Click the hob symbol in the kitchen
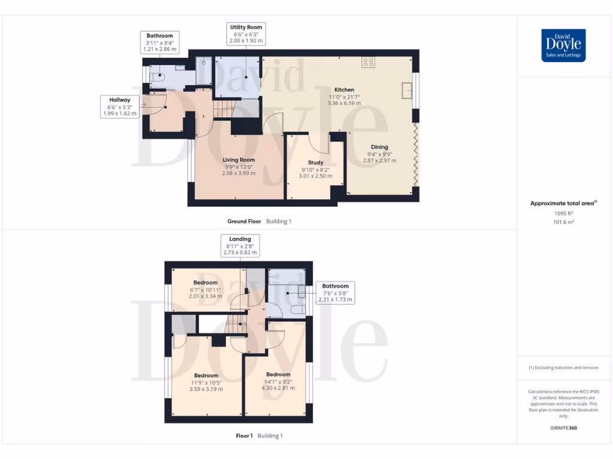368,62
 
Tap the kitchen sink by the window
407,90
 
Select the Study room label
315,163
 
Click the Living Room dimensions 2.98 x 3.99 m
239,173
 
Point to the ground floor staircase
223,109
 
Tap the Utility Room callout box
246,34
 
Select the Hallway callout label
120,106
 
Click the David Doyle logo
563,45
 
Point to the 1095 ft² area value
563,213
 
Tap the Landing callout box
239,246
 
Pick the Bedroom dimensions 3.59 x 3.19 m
206,389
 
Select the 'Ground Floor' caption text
244,221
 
